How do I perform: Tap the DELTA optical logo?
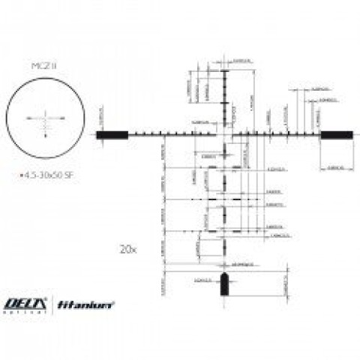pyautogui.click(x=26, y=303)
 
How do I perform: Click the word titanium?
pyautogui.click(x=94, y=304)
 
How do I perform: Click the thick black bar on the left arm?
pyautogui.click(x=112, y=135)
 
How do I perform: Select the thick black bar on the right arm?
pyautogui.click(x=336, y=135)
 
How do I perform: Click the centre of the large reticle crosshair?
pyautogui.click(x=224, y=135)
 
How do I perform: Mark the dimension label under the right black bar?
pyautogui.click(x=337, y=168)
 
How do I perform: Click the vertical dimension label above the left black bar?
pyautogui.click(x=103, y=114)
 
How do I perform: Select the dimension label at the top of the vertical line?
pyautogui.click(x=241, y=60)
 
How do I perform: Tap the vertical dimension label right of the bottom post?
pyautogui.click(x=286, y=283)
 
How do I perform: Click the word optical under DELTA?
pyautogui.click(x=26, y=311)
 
